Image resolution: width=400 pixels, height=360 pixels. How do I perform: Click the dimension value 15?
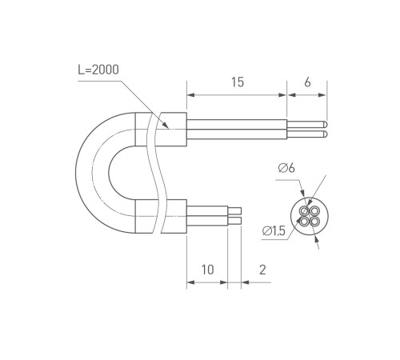pyautogui.click(x=238, y=82)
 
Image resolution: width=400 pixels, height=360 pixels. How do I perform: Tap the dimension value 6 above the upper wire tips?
pyautogui.click(x=307, y=82)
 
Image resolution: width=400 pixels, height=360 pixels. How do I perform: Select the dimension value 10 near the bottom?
pyautogui.click(x=206, y=270)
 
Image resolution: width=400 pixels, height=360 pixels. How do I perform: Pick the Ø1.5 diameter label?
pyautogui.click(x=274, y=231)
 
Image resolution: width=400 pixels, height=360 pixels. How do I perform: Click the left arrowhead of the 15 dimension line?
pyautogui.click(x=190, y=94)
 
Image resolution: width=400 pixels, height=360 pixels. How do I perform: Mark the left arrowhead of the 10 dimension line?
pyautogui.click(x=190, y=282)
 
